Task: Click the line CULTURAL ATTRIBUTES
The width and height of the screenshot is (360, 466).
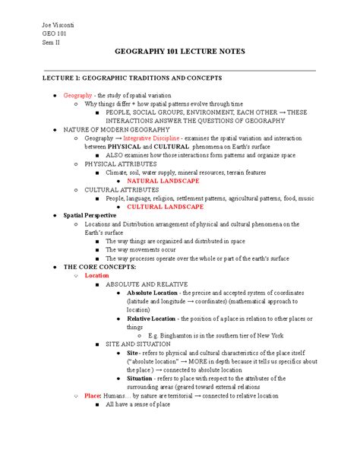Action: pyautogui.click(x=121, y=189)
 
